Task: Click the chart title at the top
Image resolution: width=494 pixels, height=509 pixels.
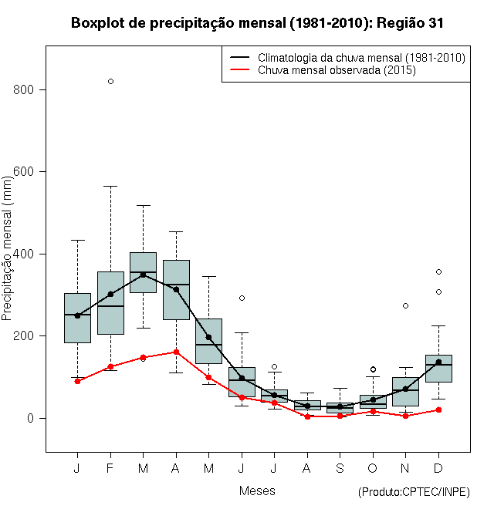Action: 257,23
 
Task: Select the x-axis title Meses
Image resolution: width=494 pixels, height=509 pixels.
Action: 257,490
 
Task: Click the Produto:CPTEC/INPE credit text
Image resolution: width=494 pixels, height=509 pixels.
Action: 414,492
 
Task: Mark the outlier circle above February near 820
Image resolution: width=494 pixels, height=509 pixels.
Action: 110,81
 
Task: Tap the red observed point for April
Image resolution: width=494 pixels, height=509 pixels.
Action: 176,352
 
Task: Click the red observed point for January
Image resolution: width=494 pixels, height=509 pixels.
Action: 77,381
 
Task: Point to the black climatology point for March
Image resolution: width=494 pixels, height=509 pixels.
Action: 143,275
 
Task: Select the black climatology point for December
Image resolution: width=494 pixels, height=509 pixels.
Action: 438,362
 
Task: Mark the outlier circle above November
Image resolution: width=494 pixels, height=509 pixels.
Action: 405,306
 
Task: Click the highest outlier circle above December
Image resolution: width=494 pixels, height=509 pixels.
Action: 438,271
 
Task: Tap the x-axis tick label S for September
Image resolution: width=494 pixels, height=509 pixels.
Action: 340,469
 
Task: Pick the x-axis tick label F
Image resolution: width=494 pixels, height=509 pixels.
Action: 110,469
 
